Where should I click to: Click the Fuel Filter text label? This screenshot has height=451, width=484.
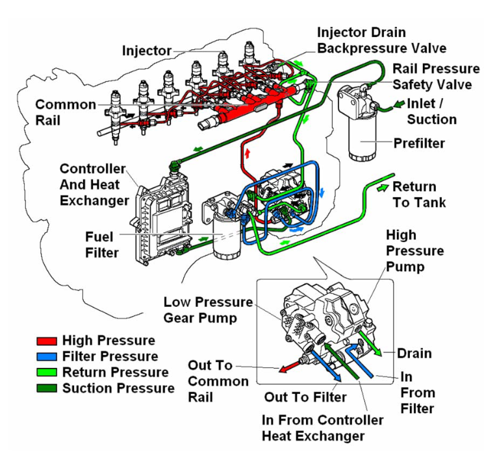102,244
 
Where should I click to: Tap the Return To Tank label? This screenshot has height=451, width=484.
419,194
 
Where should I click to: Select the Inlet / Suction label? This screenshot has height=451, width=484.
431,111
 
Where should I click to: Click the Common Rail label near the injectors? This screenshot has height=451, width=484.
66,112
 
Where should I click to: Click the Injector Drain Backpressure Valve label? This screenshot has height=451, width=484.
381,40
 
